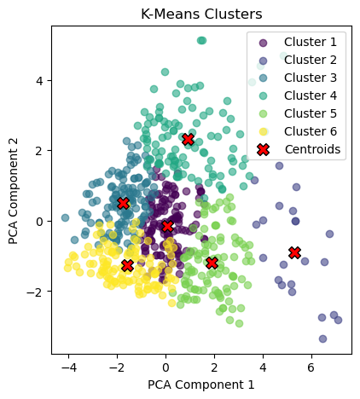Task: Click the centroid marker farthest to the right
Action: click(294, 252)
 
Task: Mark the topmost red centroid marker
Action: click(189, 139)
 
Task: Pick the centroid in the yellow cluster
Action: click(128, 265)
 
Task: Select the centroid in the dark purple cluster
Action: click(167, 226)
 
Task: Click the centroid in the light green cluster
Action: click(212, 263)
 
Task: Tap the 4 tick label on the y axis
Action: click(39, 80)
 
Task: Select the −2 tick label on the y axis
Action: click(36, 292)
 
